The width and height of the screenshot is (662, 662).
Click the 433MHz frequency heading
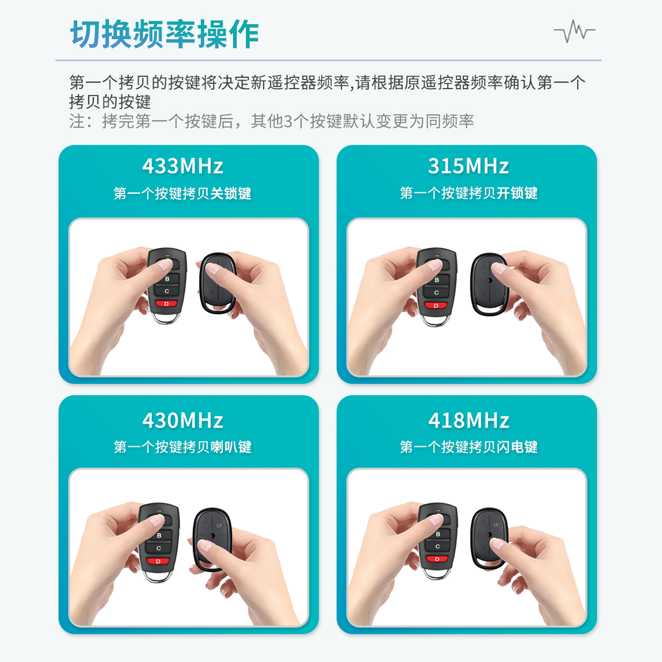(x=183, y=166)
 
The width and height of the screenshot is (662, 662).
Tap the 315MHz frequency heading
(x=468, y=166)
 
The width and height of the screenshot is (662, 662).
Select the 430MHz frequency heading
(x=183, y=421)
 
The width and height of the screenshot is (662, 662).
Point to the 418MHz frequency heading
(x=468, y=421)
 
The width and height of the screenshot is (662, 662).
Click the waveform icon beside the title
(x=574, y=32)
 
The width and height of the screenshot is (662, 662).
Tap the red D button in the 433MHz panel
(x=166, y=304)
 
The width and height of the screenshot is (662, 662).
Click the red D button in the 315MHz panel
(x=436, y=305)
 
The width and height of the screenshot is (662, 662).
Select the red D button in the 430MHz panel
(x=158, y=561)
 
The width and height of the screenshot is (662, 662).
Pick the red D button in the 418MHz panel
(x=437, y=559)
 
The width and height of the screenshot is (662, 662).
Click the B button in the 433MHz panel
(x=167, y=279)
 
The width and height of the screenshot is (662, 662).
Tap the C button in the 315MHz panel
(x=436, y=293)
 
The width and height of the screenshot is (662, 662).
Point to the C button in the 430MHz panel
(x=158, y=548)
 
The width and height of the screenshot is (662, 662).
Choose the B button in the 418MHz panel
(x=438, y=534)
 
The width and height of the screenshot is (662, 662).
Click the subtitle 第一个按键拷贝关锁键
(x=183, y=194)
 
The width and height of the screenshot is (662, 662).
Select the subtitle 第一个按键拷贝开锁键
(x=468, y=193)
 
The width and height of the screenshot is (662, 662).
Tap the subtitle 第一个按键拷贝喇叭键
(x=183, y=447)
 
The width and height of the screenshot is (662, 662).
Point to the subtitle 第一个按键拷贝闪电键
(x=468, y=447)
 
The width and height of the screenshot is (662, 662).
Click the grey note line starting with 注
(x=271, y=121)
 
